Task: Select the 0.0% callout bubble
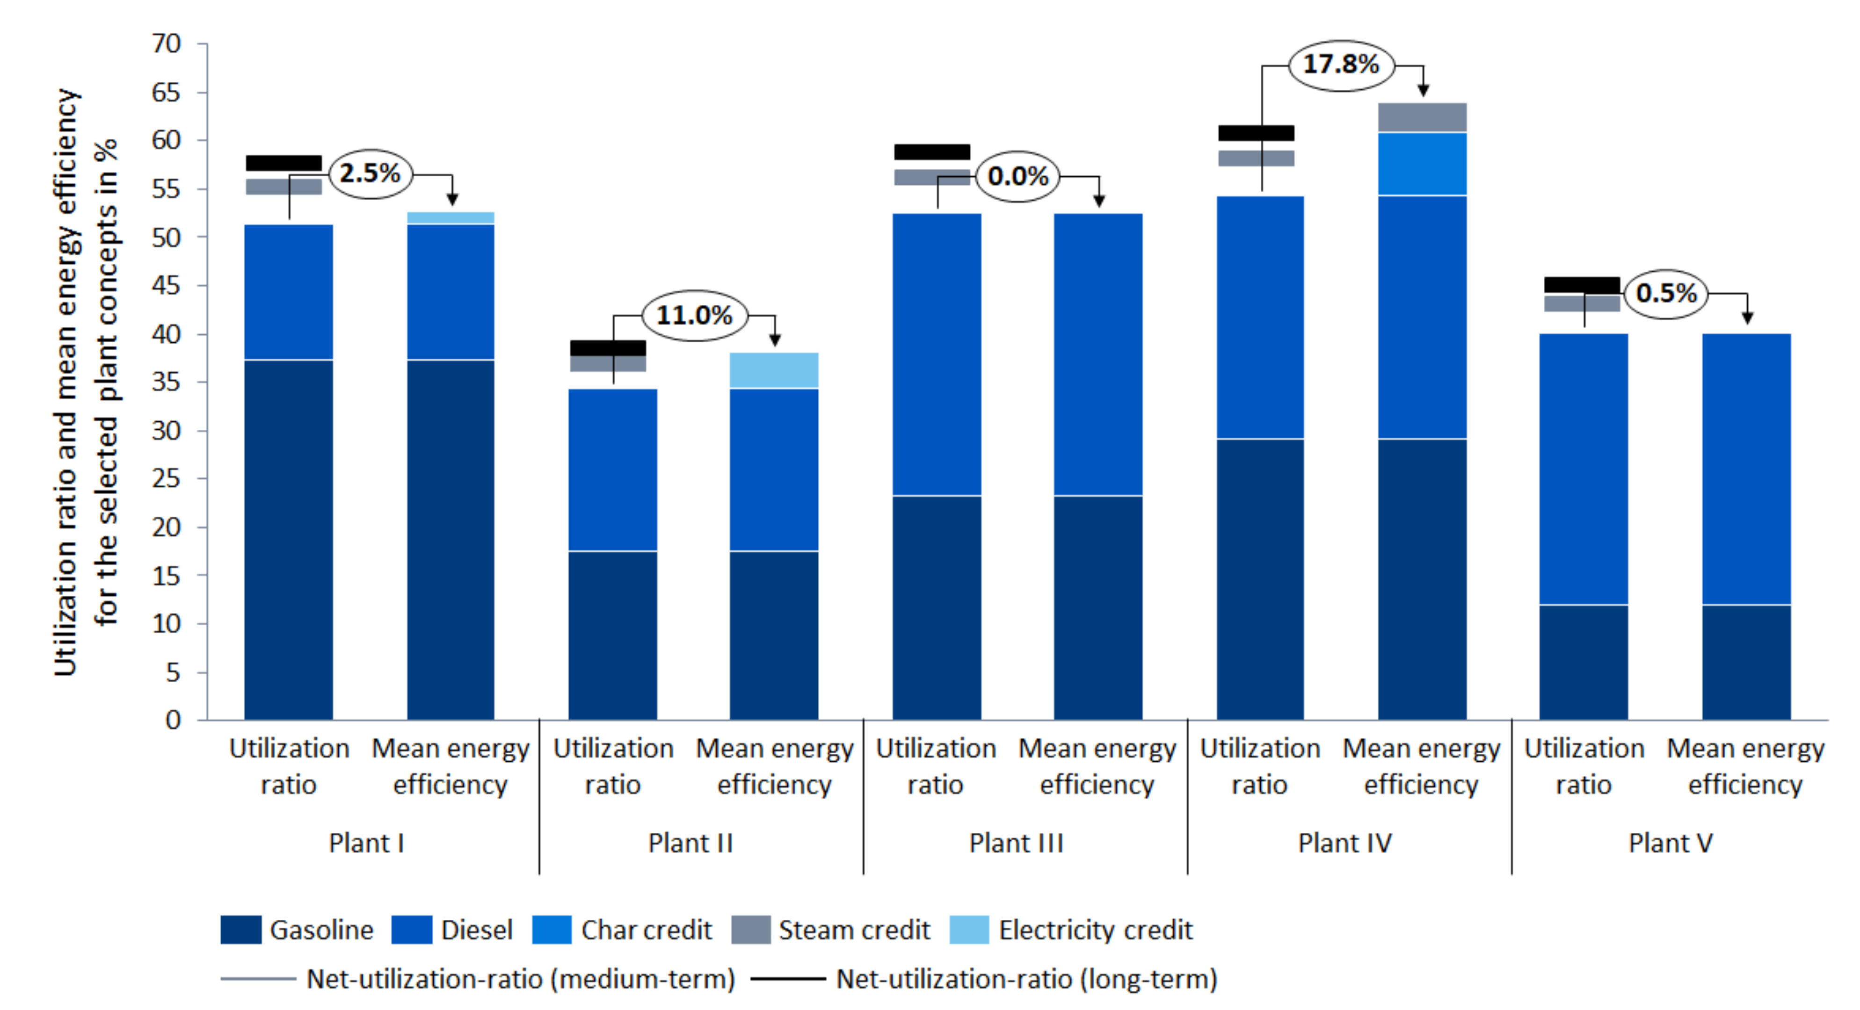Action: tap(1018, 176)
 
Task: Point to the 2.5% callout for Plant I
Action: tap(371, 173)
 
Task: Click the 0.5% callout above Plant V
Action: tap(1666, 293)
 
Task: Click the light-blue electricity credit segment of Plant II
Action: tap(774, 370)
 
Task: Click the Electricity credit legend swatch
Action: tap(969, 930)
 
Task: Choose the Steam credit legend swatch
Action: tap(751, 930)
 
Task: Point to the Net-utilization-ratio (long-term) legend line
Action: tap(788, 980)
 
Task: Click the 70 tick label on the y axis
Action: tap(166, 43)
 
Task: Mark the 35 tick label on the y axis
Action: tap(166, 382)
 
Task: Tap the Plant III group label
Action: tap(1017, 843)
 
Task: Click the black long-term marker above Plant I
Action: tap(284, 163)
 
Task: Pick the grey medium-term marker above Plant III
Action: tap(932, 178)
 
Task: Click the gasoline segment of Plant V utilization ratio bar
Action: tap(1584, 663)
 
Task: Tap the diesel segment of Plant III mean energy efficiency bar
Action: tap(1098, 354)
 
